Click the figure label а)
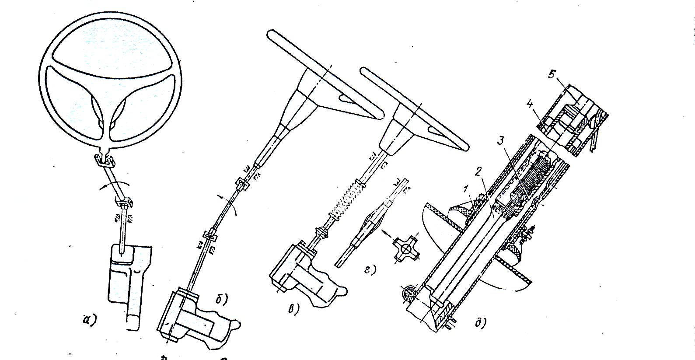tap(90, 320)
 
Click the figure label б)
tap(222, 299)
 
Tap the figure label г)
tap(370, 270)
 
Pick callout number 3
tap(502, 142)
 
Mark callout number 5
tap(551, 74)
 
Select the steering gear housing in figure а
tap(129, 280)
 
